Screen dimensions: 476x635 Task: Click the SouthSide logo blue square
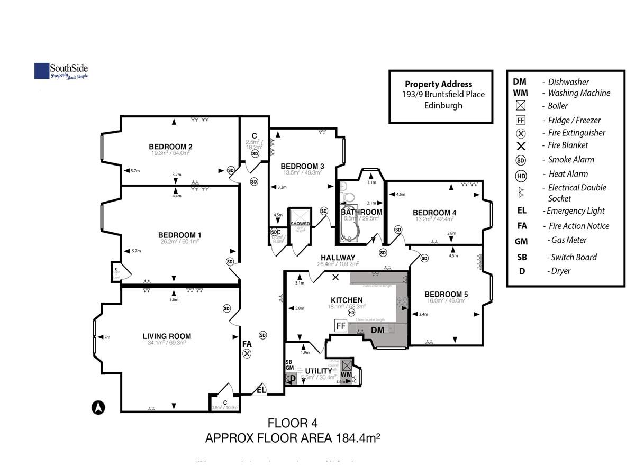pyautogui.click(x=42, y=71)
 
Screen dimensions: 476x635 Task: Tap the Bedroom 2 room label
pyautogui.click(x=170, y=147)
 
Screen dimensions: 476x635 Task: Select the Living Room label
pyautogui.click(x=167, y=336)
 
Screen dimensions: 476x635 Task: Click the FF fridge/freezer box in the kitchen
pyautogui.click(x=341, y=326)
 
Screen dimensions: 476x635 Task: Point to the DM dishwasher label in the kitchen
pyautogui.click(x=377, y=330)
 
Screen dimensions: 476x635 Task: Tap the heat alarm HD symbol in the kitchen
pyautogui.click(x=351, y=312)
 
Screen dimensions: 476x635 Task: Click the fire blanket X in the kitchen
pyautogui.click(x=335, y=277)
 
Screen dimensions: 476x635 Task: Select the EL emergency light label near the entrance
pyautogui.click(x=261, y=390)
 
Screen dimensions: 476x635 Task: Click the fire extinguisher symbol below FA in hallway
pyautogui.click(x=247, y=354)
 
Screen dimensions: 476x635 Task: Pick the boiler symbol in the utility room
pyautogui.click(x=347, y=366)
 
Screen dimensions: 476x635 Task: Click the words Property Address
pyautogui.click(x=438, y=84)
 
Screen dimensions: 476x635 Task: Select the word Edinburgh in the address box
pyautogui.click(x=443, y=105)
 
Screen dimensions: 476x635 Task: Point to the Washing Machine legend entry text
pyautogui.click(x=579, y=93)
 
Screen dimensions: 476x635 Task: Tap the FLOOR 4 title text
pyautogui.click(x=293, y=424)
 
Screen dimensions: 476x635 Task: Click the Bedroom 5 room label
pyautogui.click(x=446, y=294)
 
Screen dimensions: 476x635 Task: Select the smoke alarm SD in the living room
pyautogui.click(x=227, y=308)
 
